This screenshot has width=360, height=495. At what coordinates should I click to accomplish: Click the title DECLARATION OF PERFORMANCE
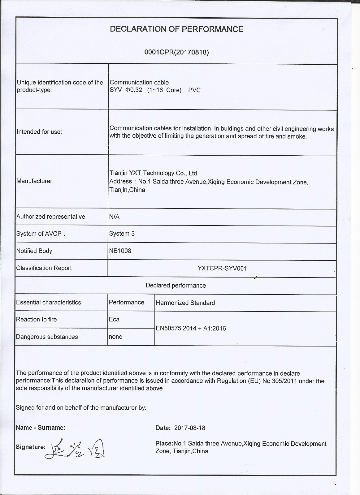(176, 29)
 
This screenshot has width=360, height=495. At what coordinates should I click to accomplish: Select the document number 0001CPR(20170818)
(176, 52)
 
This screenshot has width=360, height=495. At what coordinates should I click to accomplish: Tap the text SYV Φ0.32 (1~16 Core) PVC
(155, 90)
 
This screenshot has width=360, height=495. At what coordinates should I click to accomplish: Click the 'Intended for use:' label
(39, 132)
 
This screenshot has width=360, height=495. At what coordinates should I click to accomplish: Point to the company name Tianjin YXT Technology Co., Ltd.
(154, 173)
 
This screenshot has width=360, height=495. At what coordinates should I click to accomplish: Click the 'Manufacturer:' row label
(35, 181)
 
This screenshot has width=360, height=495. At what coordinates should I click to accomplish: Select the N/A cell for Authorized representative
(114, 217)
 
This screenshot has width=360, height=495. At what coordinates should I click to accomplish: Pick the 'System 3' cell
(122, 234)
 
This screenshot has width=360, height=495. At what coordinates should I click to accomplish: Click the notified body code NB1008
(120, 251)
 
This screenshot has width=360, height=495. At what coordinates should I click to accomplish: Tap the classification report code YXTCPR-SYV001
(222, 268)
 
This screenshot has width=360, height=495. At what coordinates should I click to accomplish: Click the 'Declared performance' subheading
(176, 285)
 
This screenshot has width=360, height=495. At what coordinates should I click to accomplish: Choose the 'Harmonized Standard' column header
(185, 303)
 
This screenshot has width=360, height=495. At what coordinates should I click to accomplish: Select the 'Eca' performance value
(114, 320)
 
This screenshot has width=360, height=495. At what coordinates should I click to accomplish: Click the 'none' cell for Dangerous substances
(115, 337)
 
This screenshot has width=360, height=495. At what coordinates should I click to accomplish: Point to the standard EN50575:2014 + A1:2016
(191, 328)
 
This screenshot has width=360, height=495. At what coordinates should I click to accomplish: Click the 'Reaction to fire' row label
(36, 320)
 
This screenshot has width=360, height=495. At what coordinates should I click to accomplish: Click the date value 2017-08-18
(189, 428)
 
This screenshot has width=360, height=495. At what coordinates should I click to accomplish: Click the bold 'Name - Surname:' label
(41, 428)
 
